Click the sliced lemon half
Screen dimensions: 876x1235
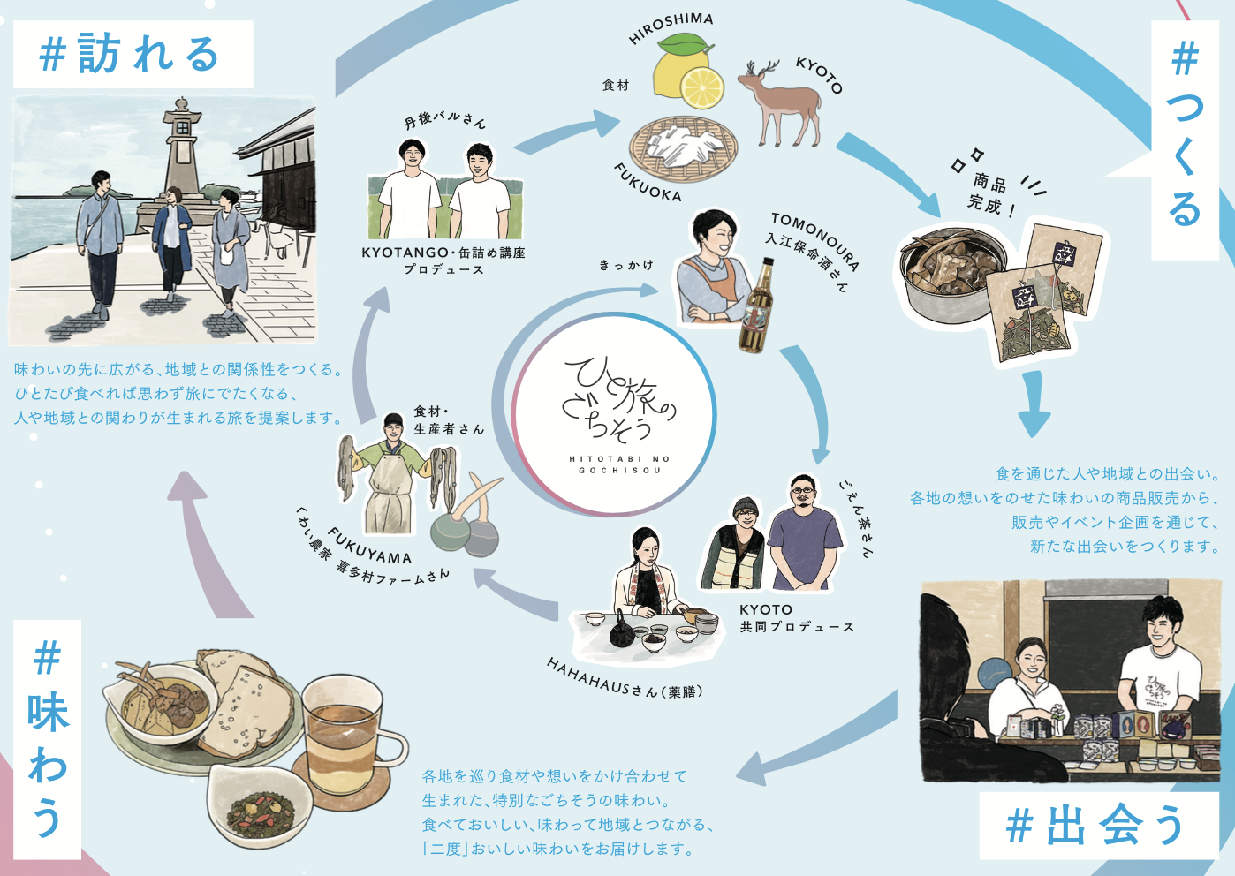point(702,87)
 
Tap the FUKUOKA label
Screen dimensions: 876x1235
point(648,182)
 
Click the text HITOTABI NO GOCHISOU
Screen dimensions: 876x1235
point(619,464)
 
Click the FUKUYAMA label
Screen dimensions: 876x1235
point(369,545)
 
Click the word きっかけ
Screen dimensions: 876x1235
point(626,265)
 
